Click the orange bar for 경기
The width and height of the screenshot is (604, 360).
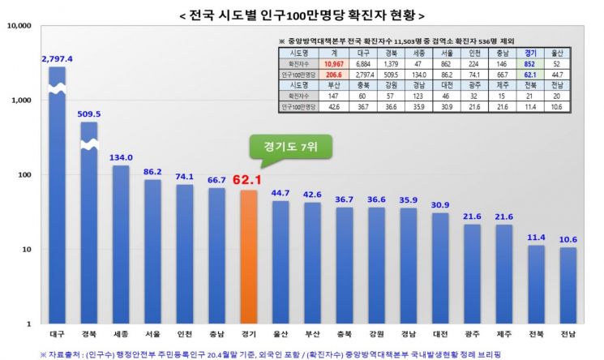(x=247, y=258)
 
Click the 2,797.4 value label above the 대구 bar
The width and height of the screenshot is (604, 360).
(x=57, y=59)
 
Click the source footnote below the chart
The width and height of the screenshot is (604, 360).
(x=268, y=354)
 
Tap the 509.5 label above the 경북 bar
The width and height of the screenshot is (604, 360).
(x=89, y=114)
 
